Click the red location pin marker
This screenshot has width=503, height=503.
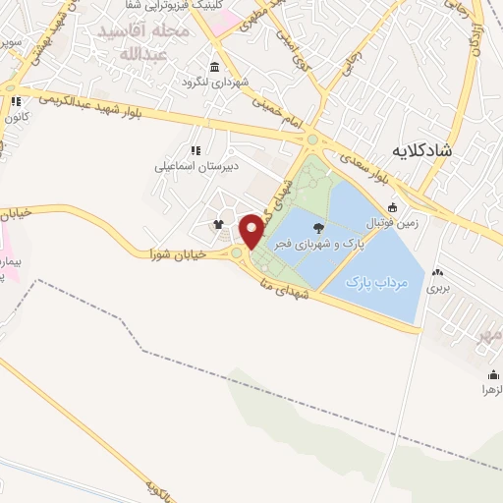click(251, 230)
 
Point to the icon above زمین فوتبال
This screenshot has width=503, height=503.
click(393, 207)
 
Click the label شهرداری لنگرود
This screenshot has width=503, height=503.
click(214, 82)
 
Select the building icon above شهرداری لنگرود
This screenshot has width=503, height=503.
click(214, 67)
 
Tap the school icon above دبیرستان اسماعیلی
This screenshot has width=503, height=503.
click(196, 150)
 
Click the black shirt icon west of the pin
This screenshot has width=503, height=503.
click(218, 223)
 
